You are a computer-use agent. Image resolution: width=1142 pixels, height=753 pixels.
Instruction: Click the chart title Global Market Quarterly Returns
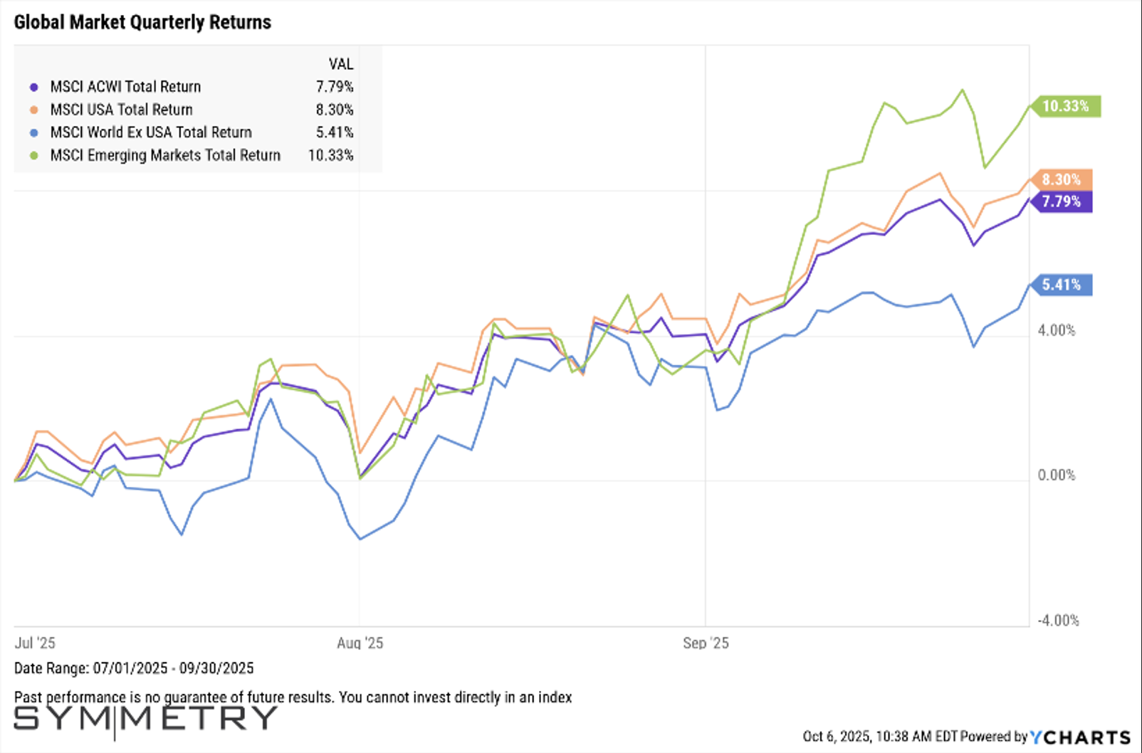142,23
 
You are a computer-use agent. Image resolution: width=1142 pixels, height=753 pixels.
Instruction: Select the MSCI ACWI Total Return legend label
125,87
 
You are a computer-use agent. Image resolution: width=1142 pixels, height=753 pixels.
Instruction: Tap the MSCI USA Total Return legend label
121,110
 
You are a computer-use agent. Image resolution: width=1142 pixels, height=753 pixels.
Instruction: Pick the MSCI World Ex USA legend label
151,132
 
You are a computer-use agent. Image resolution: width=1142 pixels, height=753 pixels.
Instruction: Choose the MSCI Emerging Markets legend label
165,155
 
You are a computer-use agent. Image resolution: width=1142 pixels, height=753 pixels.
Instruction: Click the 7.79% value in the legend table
335,87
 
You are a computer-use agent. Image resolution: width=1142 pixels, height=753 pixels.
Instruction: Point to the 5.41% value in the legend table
335,132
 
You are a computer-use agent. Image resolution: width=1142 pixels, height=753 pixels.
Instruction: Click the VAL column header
341,64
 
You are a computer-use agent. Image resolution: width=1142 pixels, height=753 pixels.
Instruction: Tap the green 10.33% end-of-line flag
1066,106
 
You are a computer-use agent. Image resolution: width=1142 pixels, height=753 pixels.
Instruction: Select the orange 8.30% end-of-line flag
1062,179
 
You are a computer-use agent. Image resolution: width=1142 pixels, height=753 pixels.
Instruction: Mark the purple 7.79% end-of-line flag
1062,201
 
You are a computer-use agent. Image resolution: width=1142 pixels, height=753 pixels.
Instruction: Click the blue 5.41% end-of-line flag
1062,285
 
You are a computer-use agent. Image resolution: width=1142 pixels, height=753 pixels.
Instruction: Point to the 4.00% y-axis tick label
1057,330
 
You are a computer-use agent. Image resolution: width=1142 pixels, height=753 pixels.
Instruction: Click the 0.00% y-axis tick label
1057,475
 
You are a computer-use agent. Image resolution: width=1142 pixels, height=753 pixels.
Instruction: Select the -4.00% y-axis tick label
1058,621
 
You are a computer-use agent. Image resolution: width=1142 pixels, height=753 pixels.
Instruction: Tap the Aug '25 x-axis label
360,643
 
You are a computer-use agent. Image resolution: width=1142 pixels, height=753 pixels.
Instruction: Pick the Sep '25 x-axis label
706,643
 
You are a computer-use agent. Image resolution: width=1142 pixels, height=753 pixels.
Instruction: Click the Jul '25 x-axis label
35,643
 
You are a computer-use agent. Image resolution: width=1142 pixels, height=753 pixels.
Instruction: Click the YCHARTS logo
1081,737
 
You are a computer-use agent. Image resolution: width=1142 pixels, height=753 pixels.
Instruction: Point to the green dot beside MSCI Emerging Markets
34,155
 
